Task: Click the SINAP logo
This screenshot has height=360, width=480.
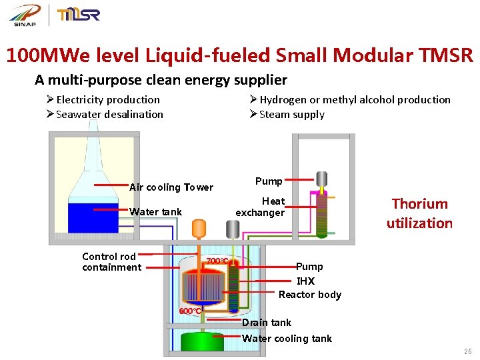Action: tap(24, 15)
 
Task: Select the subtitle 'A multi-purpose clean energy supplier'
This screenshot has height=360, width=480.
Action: tap(161, 80)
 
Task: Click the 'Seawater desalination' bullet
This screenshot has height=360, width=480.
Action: tap(109, 114)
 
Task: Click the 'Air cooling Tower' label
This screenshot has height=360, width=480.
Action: tap(171, 187)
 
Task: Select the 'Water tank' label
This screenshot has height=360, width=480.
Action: tap(155, 212)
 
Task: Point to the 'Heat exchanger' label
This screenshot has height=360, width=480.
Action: tap(261, 207)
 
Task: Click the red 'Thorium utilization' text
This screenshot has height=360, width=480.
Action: tap(419, 213)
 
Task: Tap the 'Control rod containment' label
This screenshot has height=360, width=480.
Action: tap(111, 262)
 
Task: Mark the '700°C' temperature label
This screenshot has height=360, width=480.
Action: tap(217, 261)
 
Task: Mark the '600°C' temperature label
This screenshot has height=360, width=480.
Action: tap(190, 311)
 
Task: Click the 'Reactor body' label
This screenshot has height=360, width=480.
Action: tap(309, 295)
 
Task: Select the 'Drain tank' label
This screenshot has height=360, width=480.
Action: tap(266, 323)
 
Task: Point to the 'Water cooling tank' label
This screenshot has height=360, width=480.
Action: tap(287, 339)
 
